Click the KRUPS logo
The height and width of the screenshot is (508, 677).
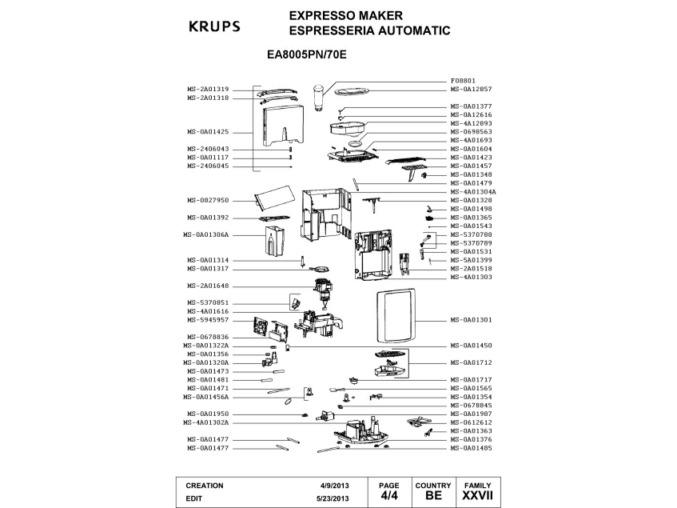click(214, 26)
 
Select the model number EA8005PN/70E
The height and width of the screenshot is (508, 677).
click(306, 57)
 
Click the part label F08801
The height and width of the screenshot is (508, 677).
click(463, 81)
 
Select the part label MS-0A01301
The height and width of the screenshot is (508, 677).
click(471, 320)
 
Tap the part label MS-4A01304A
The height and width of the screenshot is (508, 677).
click(473, 192)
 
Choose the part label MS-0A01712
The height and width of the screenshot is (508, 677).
click(471, 362)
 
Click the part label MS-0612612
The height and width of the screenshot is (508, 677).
click(471, 422)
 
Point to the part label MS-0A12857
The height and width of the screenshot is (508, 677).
click(471, 89)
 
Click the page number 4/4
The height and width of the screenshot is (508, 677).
click(388, 496)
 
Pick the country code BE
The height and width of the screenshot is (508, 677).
click(434, 496)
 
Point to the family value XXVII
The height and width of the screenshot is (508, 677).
click(478, 496)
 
